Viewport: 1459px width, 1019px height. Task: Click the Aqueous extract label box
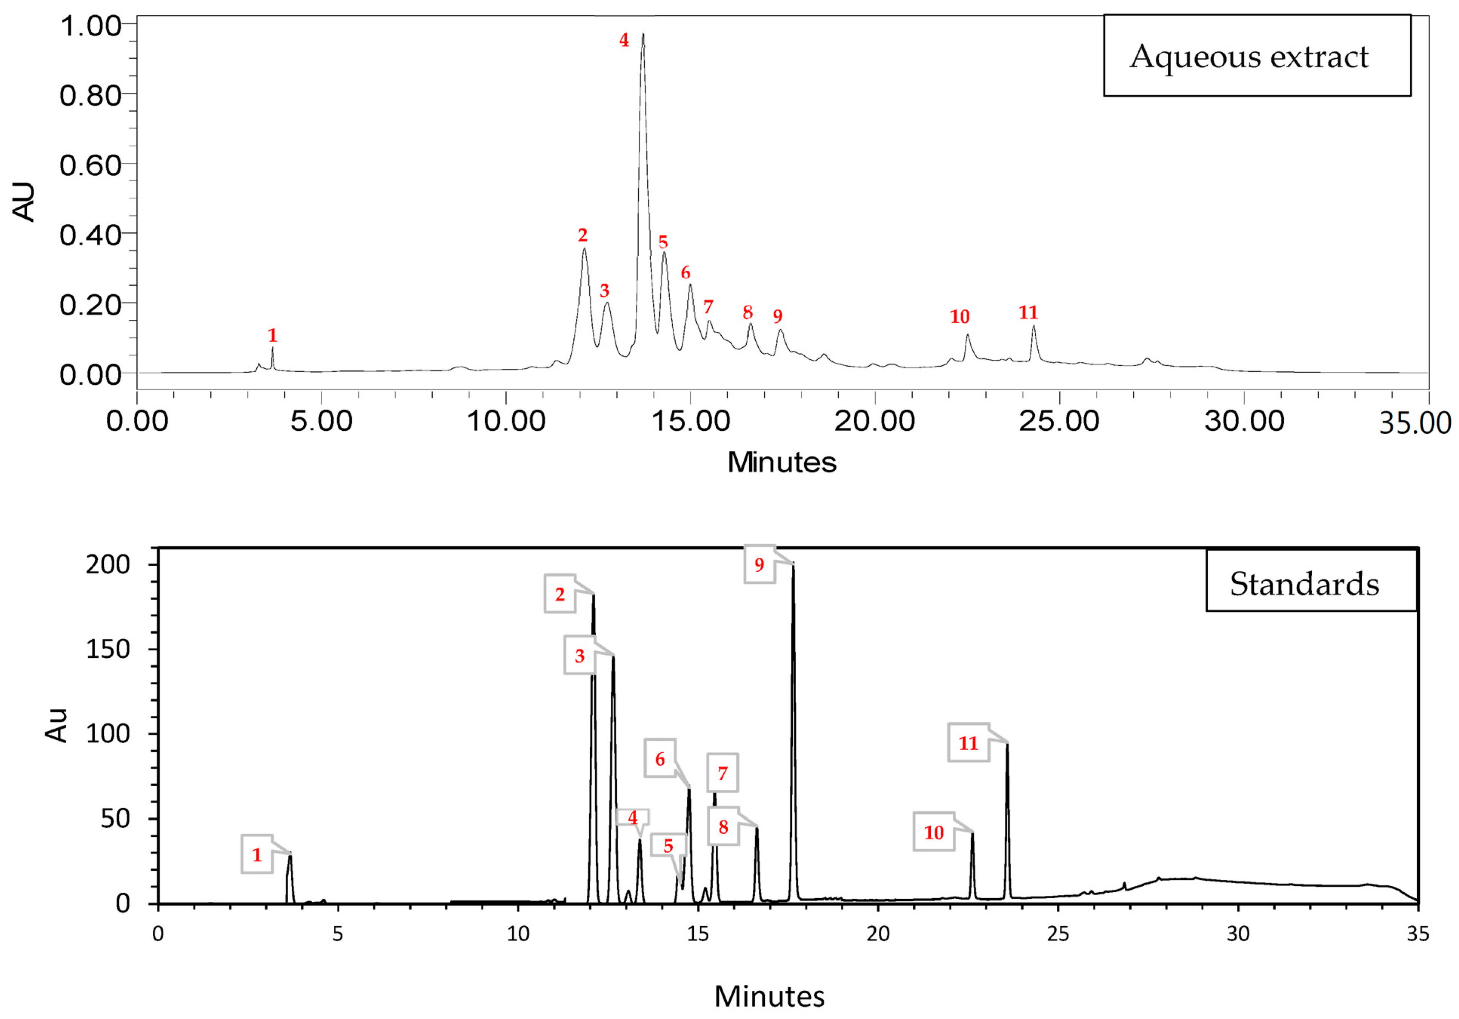[x=1256, y=56]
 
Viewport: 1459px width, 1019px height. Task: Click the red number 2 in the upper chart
[x=583, y=235]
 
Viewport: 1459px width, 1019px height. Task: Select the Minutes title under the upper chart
[x=782, y=462]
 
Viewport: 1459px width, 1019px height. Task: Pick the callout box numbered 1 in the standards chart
[x=257, y=855]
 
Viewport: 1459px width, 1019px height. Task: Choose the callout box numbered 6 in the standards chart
[x=660, y=758]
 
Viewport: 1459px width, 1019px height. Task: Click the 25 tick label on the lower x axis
[x=1058, y=934]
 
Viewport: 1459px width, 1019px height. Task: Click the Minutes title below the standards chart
[x=769, y=996]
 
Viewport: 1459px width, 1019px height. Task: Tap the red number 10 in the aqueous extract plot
[x=959, y=316]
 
